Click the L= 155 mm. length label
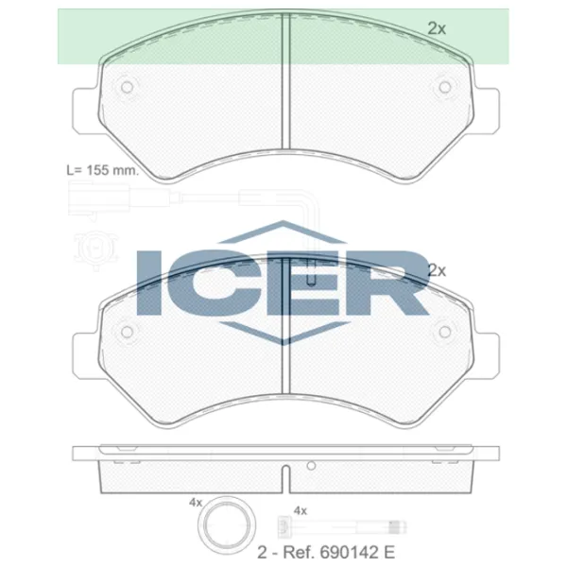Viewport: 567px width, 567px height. click(103, 170)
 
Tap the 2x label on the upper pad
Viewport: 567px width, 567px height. click(437, 28)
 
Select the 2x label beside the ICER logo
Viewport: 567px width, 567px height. click(437, 270)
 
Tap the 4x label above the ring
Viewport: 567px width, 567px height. click(196, 503)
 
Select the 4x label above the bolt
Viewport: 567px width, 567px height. click(301, 510)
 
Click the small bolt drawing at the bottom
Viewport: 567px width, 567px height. click(342, 526)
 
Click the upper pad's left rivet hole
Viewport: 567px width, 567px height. click(127, 87)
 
